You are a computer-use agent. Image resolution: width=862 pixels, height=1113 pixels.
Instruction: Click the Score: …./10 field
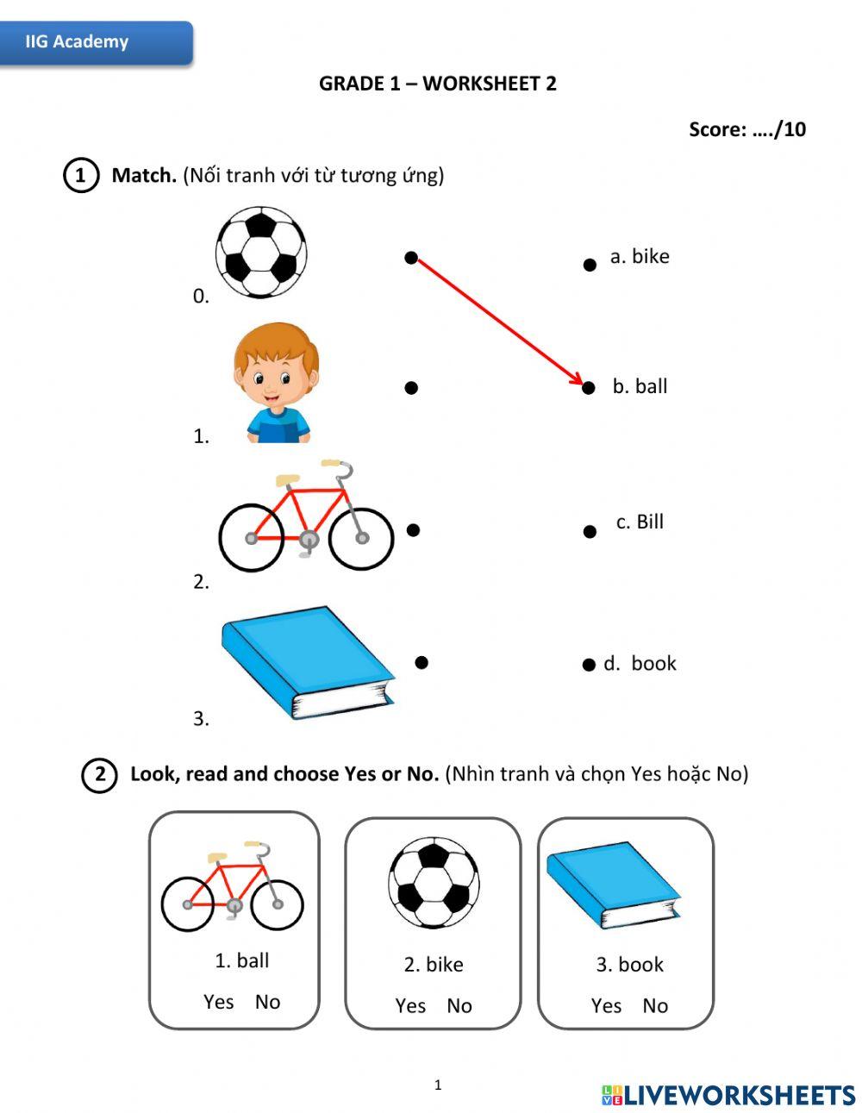[746, 129]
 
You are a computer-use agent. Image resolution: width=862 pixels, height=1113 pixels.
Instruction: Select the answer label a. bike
[639, 256]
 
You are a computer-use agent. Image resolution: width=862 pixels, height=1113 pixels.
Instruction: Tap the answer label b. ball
[640, 386]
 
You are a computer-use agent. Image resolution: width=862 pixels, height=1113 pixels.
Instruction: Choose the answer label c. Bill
[640, 522]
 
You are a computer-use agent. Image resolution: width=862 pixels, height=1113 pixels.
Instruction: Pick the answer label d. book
[640, 663]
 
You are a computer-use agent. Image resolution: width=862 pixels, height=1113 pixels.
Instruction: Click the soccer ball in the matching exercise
[260, 252]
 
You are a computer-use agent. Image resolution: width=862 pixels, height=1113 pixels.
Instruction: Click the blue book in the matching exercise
[308, 662]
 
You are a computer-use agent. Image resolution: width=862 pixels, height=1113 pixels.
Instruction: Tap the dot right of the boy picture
[411, 388]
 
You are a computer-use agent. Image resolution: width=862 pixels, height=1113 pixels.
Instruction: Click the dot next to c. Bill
[590, 532]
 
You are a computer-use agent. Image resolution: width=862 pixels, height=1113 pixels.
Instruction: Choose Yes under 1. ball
[218, 1002]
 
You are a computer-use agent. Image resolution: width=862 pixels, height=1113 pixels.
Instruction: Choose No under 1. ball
[267, 1002]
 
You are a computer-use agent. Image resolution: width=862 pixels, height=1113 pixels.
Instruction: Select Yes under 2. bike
[410, 1005]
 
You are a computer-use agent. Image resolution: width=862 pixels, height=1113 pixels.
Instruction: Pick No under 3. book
[655, 1005]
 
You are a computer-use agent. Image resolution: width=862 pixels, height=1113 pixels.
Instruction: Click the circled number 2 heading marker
[100, 775]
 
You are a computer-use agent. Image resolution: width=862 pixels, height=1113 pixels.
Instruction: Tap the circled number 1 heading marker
[81, 176]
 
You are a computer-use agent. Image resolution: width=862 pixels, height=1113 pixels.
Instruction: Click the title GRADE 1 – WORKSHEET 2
[438, 84]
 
